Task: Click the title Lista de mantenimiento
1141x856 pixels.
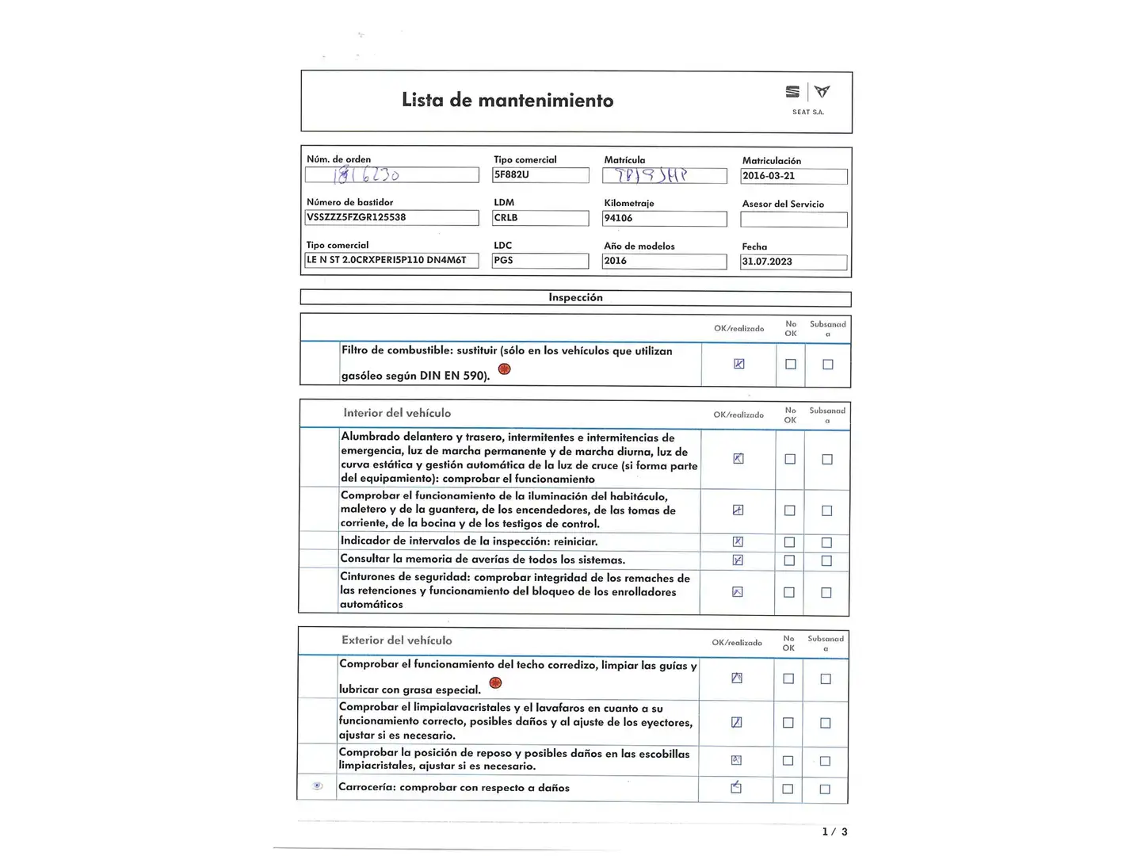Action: coord(507,101)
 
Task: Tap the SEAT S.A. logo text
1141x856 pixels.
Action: coord(807,112)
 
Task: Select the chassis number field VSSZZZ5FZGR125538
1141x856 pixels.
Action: coord(391,217)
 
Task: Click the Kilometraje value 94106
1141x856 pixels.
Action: coord(664,218)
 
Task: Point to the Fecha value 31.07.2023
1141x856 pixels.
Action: coord(793,262)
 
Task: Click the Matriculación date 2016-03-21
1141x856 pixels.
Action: coord(793,176)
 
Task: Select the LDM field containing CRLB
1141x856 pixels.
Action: coord(540,218)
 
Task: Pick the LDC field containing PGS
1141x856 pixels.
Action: coord(540,261)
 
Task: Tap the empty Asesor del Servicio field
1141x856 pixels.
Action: coord(793,220)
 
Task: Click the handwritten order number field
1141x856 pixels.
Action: coord(391,174)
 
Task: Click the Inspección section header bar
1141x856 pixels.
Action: coord(575,298)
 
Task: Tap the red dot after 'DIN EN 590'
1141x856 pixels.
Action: coord(504,369)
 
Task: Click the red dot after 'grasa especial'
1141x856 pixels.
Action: coord(495,683)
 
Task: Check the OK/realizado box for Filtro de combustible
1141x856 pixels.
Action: coord(738,364)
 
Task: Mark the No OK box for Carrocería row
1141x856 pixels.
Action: coord(788,789)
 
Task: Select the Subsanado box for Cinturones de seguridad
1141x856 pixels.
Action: coord(826,592)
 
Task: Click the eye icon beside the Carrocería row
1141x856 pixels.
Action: coord(317,786)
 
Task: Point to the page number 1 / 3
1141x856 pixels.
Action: coord(834,831)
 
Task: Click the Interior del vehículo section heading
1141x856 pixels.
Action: coord(397,413)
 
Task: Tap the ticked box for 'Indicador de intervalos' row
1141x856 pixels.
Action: coord(738,541)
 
